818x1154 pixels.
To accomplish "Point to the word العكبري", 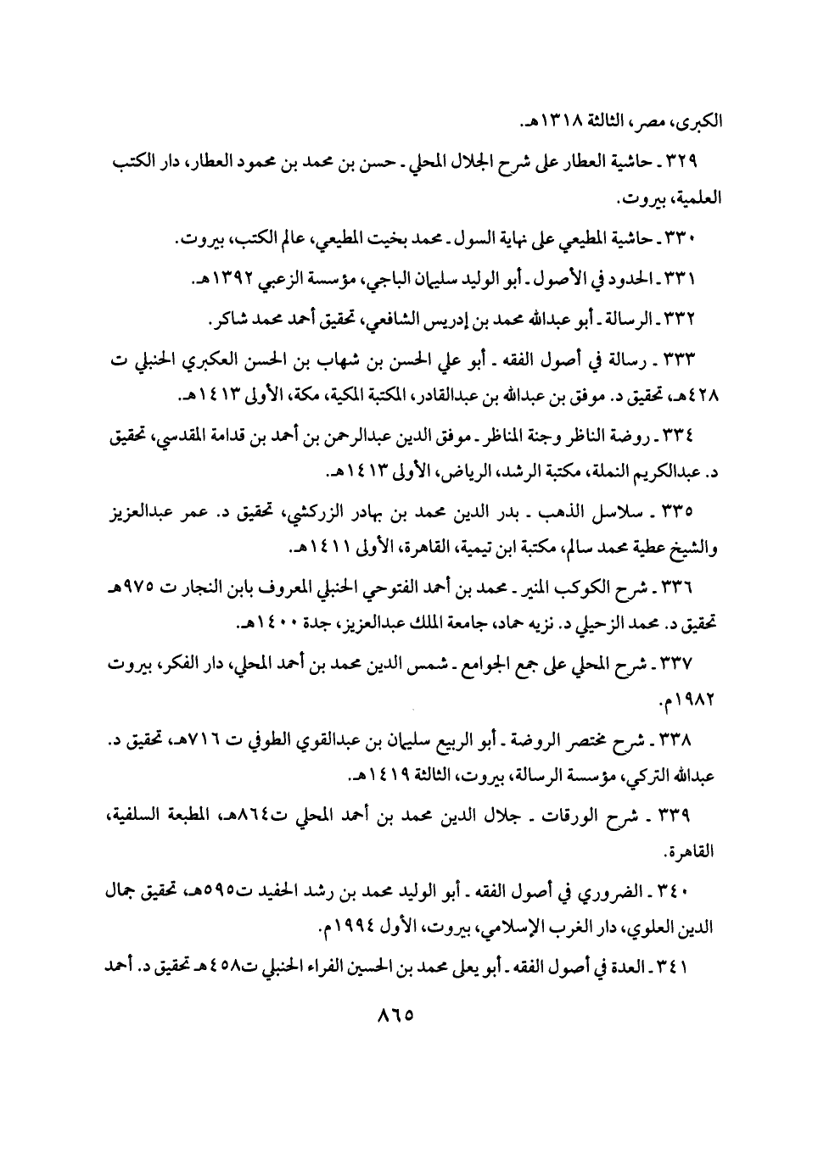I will pos(210,360).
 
